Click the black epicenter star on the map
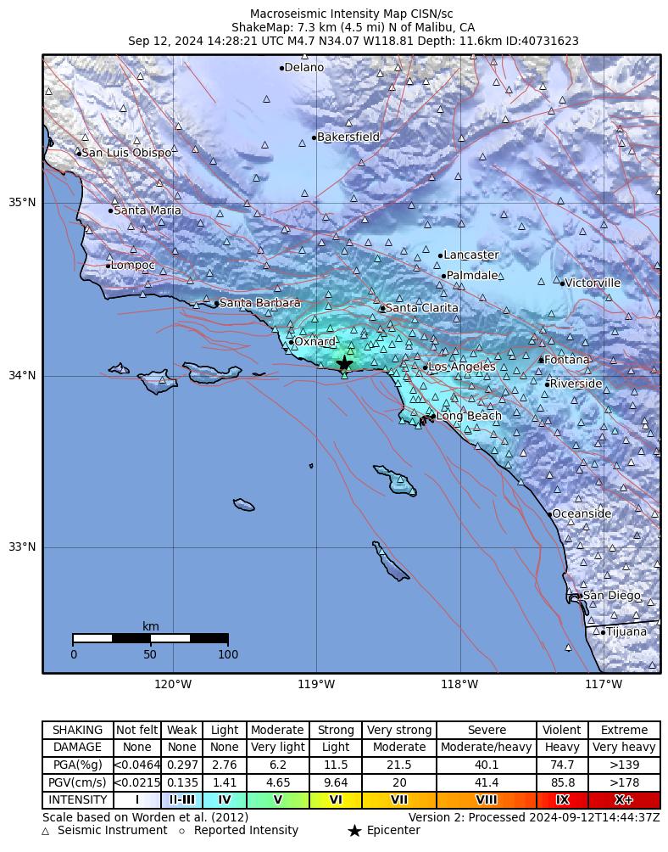coord(344,363)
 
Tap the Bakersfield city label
coord(348,137)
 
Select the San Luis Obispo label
coord(126,153)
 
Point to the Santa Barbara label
coord(259,303)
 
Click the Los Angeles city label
coord(462,367)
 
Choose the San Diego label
coord(611,596)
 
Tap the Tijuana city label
coord(626,631)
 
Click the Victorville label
coord(593,283)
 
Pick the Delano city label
coord(304,68)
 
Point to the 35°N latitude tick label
coord(23,203)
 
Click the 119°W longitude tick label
coord(317,685)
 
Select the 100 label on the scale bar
coord(228,654)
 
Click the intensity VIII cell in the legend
coord(487,799)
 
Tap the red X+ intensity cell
coord(624,799)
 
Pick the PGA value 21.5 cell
coord(399,765)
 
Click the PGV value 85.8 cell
coord(562,782)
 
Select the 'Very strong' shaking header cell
coord(399,730)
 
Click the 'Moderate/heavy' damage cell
coord(487,748)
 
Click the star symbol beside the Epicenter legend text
coord(354,831)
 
